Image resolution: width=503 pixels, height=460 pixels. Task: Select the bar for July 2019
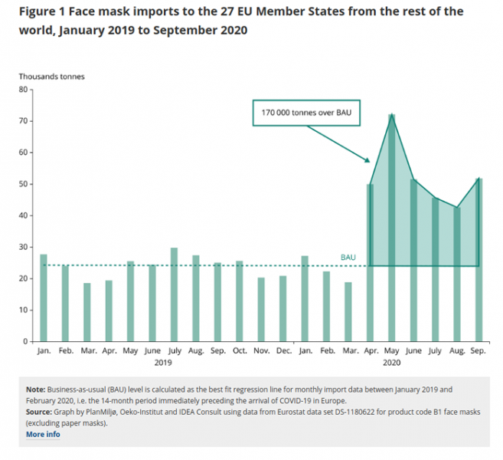coord(174,294)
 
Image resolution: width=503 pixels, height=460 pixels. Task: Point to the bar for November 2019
coord(261,309)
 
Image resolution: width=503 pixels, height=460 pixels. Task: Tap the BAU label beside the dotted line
coord(348,258)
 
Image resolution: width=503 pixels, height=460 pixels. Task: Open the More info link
coord(43,434)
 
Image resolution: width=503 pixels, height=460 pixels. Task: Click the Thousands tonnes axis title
coord(52,76)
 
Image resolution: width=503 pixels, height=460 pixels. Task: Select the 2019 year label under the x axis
coord(163,361)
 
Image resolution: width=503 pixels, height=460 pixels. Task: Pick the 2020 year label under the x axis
coord(391,361)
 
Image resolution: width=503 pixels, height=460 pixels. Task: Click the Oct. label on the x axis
coord(239,351)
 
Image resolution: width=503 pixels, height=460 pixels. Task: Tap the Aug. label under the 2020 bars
coord(456,351)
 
